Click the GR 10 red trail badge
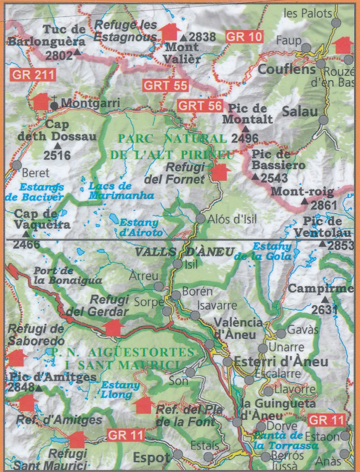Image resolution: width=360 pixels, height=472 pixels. [x=245, y=36]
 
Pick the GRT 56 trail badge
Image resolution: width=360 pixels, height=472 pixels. [x=200, y=106]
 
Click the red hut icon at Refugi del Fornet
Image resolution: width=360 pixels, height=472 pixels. [x=221, y=173]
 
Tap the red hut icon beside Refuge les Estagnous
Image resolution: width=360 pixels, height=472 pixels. [x=169, y=32]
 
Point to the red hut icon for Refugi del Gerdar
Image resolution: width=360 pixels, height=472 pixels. [x=113, y=327]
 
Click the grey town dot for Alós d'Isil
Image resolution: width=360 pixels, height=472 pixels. [x=201, y=219]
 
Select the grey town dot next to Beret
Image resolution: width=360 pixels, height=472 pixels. [x=17, y=165]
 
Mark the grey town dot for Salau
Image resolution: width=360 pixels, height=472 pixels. [x=323, y=120]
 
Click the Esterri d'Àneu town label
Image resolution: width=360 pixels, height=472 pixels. [x=281, y=362]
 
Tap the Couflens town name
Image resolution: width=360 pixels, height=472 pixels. [x=287, y=69]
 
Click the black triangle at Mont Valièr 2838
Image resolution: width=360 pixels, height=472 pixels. [x=183, y=38]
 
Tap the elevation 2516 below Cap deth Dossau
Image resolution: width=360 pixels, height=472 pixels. [x=57, y=156]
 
